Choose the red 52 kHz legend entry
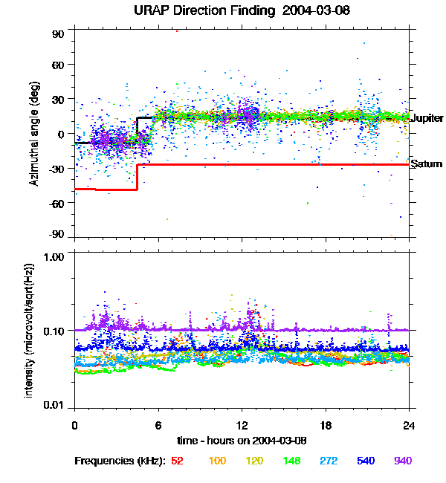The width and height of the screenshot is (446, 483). pyautogui.click(x=177, y=461)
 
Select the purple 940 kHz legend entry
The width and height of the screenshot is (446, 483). pyautogui.click(x=402, y=461)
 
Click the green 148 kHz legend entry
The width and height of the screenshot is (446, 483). pyautogui.click(x=291, y=461)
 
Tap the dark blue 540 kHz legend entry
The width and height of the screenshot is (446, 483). pyautogui.click(x=366, y=461)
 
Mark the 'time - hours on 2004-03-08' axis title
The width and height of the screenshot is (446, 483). pyautogui.click(x=242, y=440)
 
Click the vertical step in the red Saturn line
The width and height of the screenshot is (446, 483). pyautogui.click(x=138, y=177)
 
